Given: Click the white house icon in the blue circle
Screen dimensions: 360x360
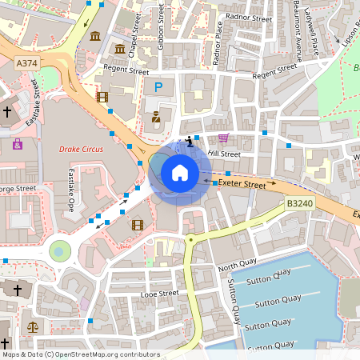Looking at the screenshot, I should pos(180,173).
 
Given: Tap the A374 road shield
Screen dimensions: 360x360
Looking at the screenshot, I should pos(26,62).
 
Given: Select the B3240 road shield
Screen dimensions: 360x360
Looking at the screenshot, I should pos(298,205).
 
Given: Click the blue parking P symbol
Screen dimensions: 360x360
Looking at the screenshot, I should pos(158,86).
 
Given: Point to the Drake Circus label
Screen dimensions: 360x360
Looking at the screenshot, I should pos(82,149).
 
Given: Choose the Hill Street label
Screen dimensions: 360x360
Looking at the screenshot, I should pos(224,154).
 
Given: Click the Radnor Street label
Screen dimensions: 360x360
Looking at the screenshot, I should pos(250,17).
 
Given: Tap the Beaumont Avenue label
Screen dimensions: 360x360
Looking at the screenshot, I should pos(298,29).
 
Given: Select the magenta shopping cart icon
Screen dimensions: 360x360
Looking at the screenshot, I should pos(223,138).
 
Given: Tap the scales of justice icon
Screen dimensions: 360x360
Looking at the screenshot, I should pos(33,326).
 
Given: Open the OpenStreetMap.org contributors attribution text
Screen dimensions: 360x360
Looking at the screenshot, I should pos(102,354).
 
